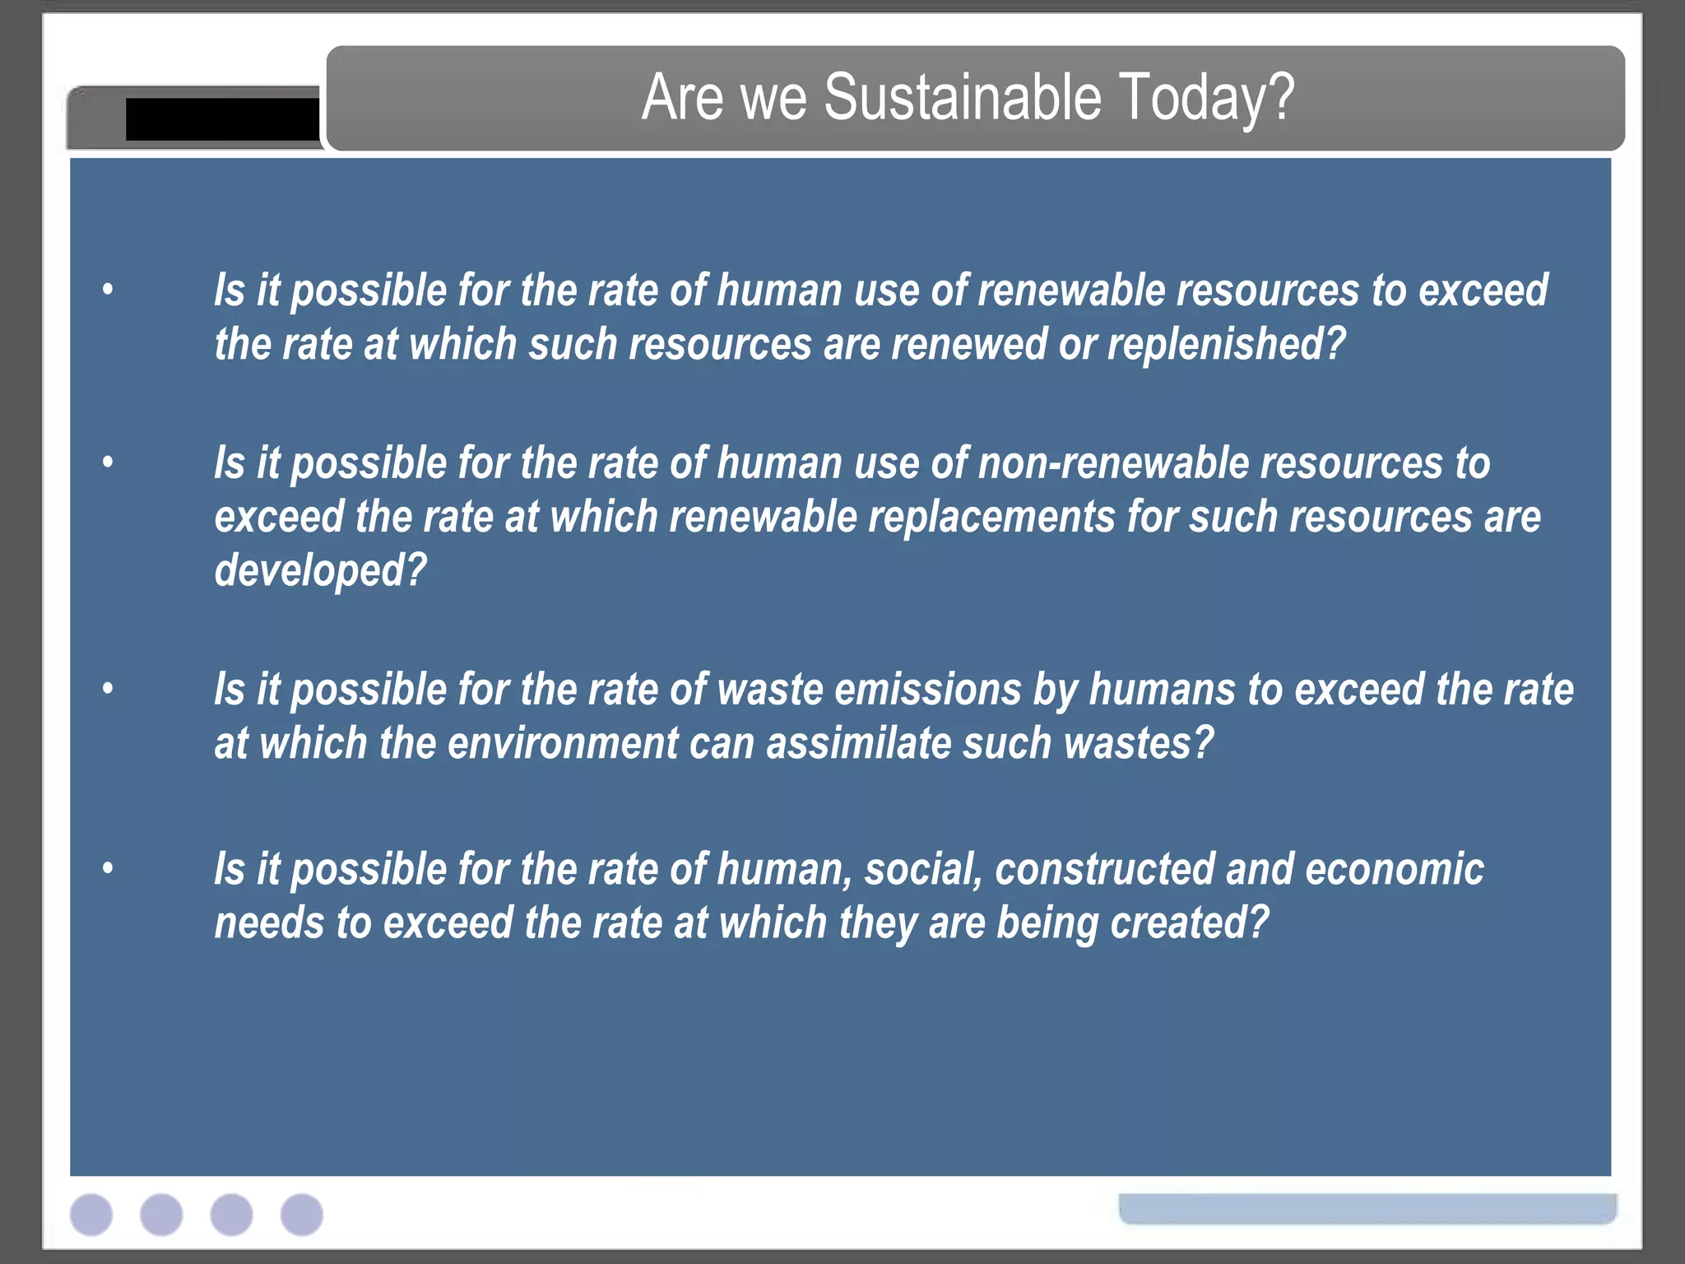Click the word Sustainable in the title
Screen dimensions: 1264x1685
pyautogui.click(x=962, y=98)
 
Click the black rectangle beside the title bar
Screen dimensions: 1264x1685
pyautogui.click(x=222, y=119)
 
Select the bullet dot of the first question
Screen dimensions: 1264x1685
pyautogui.click(x=108, y=290)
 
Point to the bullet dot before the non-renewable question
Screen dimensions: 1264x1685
pyautogui.click(x=108, y=462)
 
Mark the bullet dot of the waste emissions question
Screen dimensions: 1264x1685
pyautogui.click(x=108, y=688)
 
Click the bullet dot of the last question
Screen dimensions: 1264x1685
pyautogui.click(x=108, y=868)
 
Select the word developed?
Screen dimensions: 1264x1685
pyautogui.click(x=320, y=570)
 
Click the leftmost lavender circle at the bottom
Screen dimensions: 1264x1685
pyautogui.click(x=91, y=1215)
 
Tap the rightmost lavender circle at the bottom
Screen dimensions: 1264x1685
pyautogui.click(x=302, y=1215)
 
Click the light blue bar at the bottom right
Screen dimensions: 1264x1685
pyautogui.click(x=1367, y=1208)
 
